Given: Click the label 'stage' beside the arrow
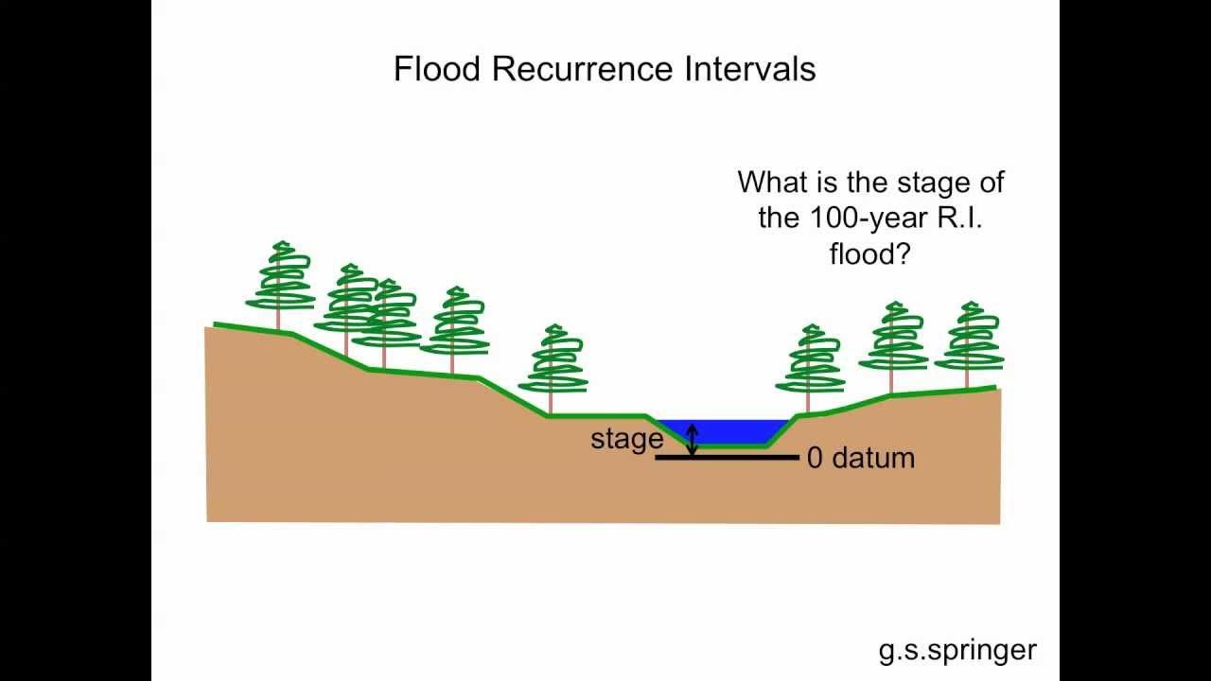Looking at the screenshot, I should pos(626,439).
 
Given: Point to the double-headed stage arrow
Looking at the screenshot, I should pos(693,440).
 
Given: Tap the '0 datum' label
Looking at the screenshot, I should pos(860,458).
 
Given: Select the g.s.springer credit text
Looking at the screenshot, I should pos(957,650).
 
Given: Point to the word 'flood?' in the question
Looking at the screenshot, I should pos(869,253).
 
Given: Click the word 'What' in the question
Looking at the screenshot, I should pos(772,182).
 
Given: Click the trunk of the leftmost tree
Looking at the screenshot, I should pos(279,318).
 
